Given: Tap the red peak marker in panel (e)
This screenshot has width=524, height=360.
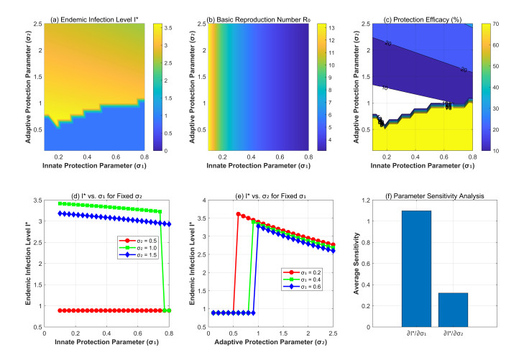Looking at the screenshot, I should point(239,214).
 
